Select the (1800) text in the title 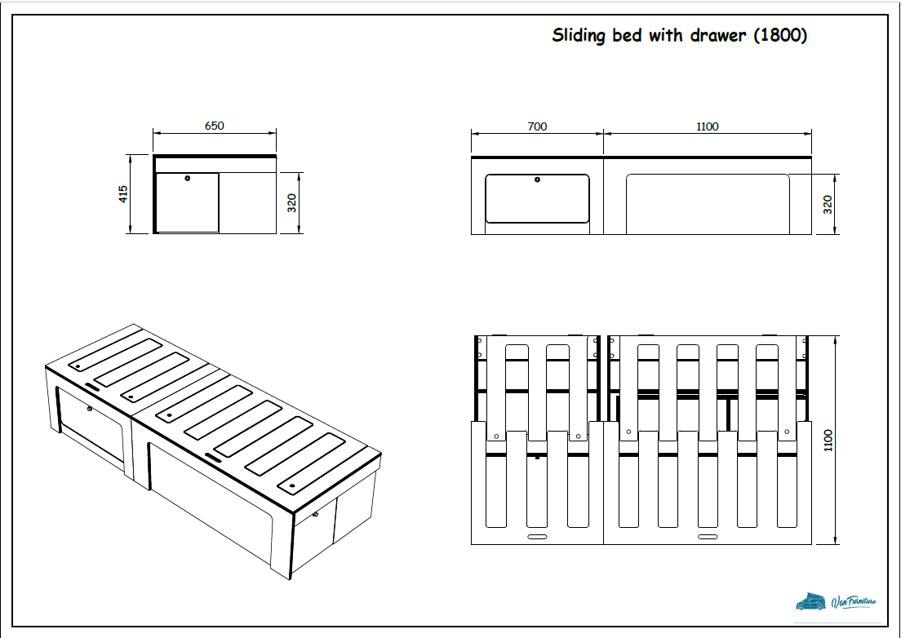pyautogui.click(x=780, y=36)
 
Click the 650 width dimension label pyautogui.click(x=214, y=126)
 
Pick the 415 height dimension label pyautogui.click(x=124, y=194)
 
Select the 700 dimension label pyautogui.click(x=537, y=126)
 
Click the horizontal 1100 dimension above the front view pyautogui.click(x=708, y=126)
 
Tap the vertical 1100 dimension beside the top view pyautogui.click(x=829, y=441)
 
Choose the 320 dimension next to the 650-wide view pyautogui.click(x=291, y=203)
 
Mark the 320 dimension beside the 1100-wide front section pyautogui.click(x=828, y=204)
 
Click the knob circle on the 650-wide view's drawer pyautogui.click(x=188, y=178)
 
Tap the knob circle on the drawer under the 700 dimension pyautogui.click(x=537, y=179)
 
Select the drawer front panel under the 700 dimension pyautogui.click(x=537, y=200)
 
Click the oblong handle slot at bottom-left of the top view pyautogui.click(x=538, y=538)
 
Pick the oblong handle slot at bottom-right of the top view pyautogui.click(x=707, y=538)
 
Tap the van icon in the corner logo pyautogui.click(x=811, y=601)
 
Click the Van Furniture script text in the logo pyautogui.click(x=854, y=603)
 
